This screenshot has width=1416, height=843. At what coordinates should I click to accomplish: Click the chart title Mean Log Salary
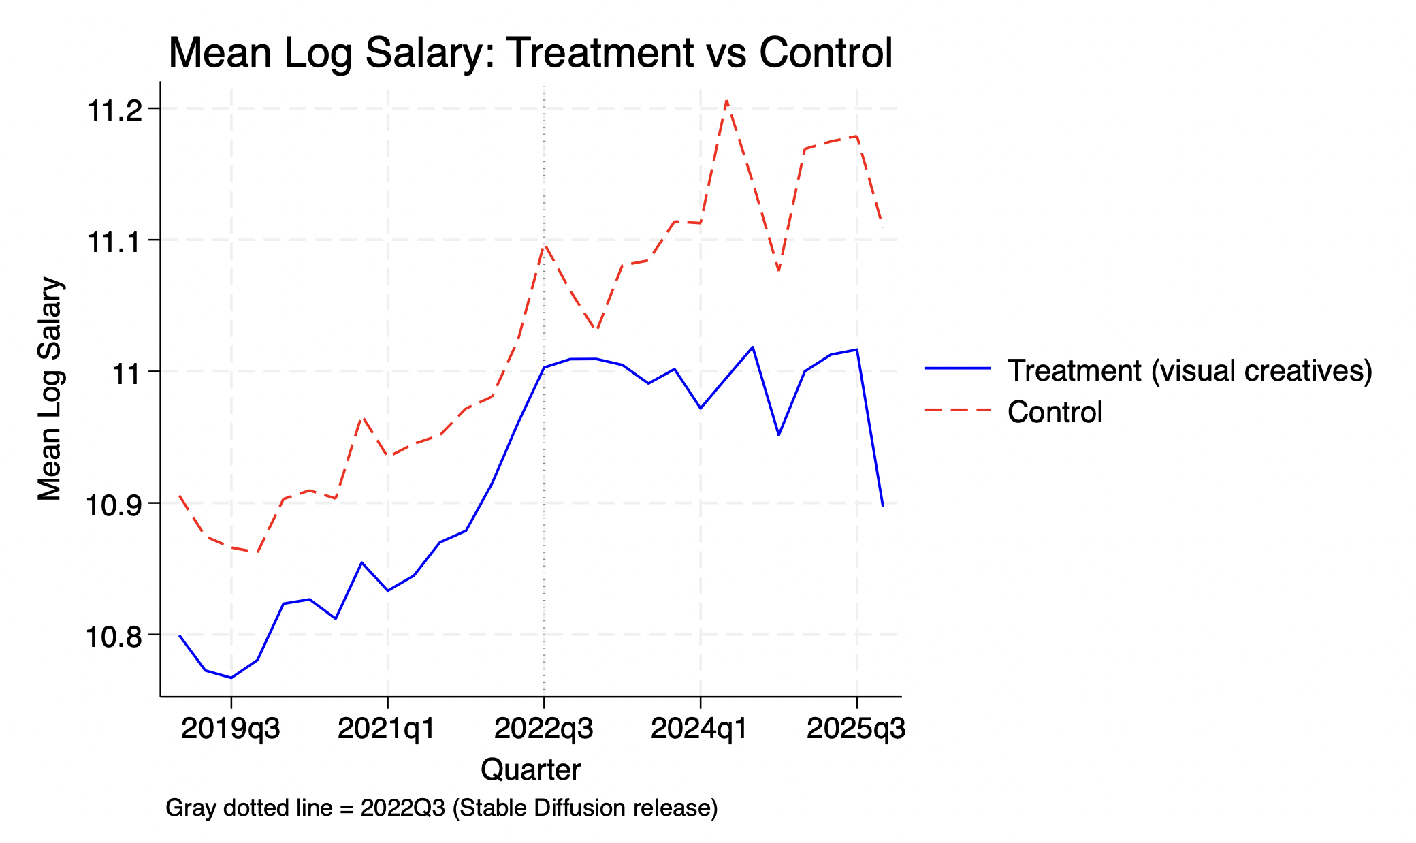tap(530, 53)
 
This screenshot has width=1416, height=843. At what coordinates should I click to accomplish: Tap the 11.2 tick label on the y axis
tap(114, 110)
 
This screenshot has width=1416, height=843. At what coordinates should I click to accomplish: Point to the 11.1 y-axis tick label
tap(114, 242)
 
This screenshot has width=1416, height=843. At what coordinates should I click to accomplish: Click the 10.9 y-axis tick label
tap(113, 505)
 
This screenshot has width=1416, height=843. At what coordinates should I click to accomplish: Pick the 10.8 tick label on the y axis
tap(113, 637)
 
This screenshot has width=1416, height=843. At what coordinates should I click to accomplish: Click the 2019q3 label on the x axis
tap(231, 729)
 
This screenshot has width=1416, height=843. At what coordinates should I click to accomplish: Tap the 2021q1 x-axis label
tap(387, 729)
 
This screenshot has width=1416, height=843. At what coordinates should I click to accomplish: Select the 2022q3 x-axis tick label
tap(543, 729)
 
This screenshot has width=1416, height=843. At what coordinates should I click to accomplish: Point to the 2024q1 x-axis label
tap(700, 729)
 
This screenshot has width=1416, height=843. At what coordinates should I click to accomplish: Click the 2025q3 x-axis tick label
tap(856, 729)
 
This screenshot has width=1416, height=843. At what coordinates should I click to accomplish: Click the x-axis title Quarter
tap(530, 769)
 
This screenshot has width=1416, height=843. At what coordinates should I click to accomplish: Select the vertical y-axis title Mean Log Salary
tap(50, 389)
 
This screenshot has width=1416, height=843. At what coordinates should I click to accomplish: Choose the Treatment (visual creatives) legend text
tap(1189, 370)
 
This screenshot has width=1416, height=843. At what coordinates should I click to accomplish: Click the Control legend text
tap(1055, 412)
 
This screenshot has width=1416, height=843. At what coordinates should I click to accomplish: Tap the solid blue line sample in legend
tap(958, 368)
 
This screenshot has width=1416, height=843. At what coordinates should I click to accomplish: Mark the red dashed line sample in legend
tap(958, 410)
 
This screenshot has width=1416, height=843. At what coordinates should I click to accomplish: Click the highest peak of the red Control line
tap(726, 101)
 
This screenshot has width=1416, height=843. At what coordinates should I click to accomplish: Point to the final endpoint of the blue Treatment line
tap(883, 506)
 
